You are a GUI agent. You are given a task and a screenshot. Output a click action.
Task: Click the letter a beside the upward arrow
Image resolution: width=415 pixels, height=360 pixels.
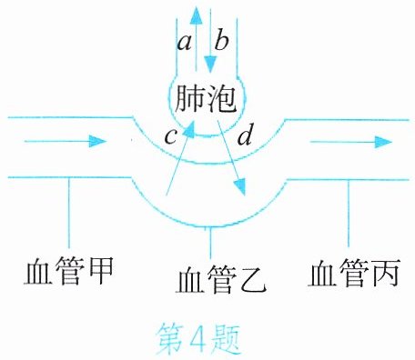185,43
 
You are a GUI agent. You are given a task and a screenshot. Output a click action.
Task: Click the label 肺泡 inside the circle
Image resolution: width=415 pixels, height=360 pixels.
207,99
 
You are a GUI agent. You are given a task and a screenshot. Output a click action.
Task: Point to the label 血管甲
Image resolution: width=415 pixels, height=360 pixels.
69,271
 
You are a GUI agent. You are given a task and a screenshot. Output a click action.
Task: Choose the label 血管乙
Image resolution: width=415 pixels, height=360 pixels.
221,279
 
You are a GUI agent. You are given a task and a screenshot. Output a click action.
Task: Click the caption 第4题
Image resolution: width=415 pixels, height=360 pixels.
199,338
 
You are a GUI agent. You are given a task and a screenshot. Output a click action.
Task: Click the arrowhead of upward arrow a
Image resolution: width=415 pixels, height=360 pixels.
197,15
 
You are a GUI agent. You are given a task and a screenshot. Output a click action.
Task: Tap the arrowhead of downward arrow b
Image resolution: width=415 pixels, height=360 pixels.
210,65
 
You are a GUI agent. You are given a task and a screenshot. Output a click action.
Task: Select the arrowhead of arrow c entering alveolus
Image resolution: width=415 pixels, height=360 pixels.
190,128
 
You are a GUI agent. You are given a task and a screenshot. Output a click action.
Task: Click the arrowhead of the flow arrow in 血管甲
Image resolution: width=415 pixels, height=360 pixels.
97,141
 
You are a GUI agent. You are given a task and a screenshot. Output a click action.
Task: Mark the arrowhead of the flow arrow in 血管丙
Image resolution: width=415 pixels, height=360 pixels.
383,142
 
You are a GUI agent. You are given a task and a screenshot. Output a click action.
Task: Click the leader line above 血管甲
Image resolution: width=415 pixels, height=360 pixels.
69,213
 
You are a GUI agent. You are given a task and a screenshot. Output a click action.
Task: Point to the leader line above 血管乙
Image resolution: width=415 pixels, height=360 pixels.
210,243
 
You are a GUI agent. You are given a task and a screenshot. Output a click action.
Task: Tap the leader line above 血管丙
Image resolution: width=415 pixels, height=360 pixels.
349,214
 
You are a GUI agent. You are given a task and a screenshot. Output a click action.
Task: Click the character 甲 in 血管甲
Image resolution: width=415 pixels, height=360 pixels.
100,271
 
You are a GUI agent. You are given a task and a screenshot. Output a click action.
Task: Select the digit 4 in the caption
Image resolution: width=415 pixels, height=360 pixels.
198,337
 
